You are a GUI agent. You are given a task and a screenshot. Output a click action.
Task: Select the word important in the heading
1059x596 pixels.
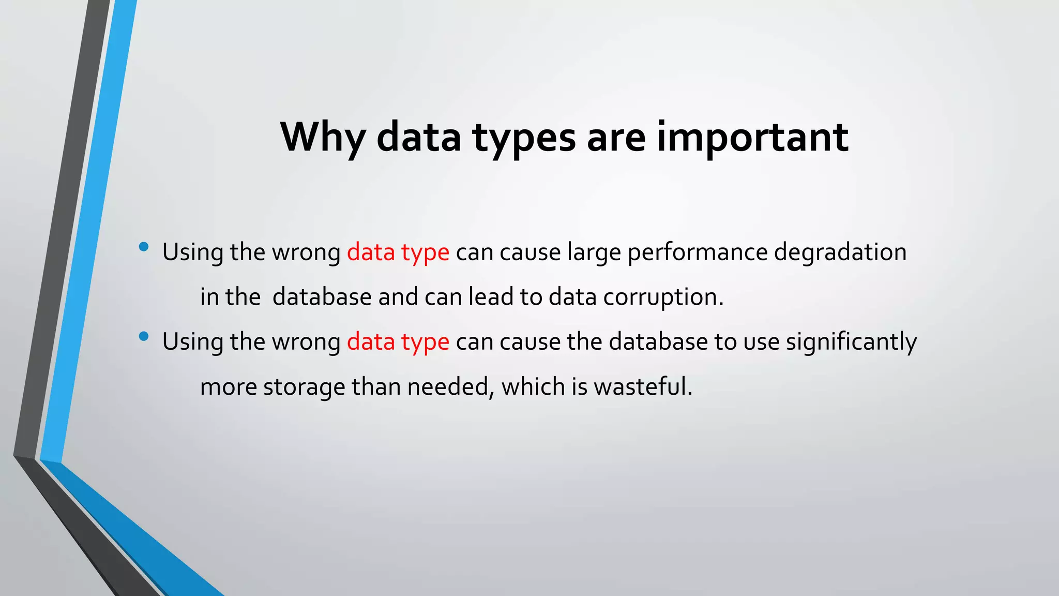tap(752, 137)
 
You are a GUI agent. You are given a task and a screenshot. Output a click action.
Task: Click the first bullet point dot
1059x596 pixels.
tap(144, 247)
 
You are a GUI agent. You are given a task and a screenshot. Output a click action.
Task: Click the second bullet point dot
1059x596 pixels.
tap(144, 337)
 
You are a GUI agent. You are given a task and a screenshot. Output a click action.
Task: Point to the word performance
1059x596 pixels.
tap(698, 252)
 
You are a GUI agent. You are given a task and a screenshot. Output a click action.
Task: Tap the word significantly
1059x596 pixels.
tap(851, 342)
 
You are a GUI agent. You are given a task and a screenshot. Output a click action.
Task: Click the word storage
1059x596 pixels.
tap(304, 386)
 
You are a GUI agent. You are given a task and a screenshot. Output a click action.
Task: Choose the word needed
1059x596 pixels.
tap(448, 386)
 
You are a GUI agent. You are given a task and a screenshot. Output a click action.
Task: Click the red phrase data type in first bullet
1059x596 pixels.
tap(398, 252)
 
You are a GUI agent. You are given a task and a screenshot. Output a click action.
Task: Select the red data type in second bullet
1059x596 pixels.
tap(398, 342)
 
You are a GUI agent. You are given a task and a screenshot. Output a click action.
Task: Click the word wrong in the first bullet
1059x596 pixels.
tap(306, 252)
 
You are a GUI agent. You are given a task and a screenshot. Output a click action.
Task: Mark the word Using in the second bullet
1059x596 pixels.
tap(193, 342)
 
